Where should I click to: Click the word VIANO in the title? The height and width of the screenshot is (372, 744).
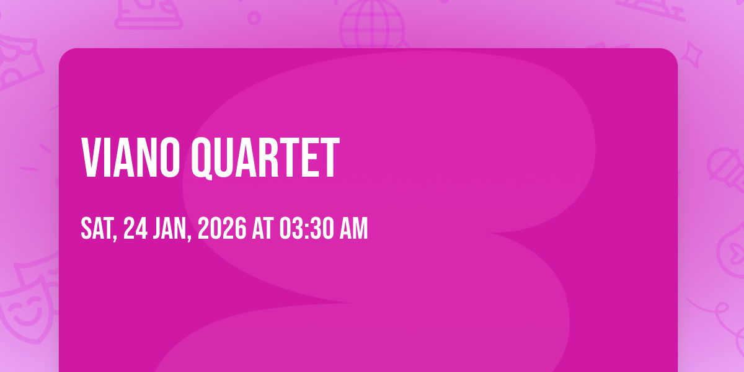click(131, 157)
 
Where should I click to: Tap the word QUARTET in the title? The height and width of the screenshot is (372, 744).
click(265, 158)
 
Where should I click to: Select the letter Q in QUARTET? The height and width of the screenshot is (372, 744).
click(202, 159)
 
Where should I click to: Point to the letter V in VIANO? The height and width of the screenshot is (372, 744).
click(91, 157)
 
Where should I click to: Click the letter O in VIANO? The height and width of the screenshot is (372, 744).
click(169, 157)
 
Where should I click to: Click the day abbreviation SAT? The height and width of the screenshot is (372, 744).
click(97, 228)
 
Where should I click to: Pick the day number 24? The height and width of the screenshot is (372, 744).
click(136, 228)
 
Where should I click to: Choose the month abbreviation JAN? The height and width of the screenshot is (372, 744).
click(169, 228)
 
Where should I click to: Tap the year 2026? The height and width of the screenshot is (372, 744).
click(222, 228)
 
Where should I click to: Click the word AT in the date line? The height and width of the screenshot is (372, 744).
click(263, 228)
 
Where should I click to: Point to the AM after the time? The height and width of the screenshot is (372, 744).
click(354, 228)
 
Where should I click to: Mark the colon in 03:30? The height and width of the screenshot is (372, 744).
click(306, 229)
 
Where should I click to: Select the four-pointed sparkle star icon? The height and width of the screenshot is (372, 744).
click(691, 55)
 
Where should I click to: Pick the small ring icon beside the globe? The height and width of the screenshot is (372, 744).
click(254, 18)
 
